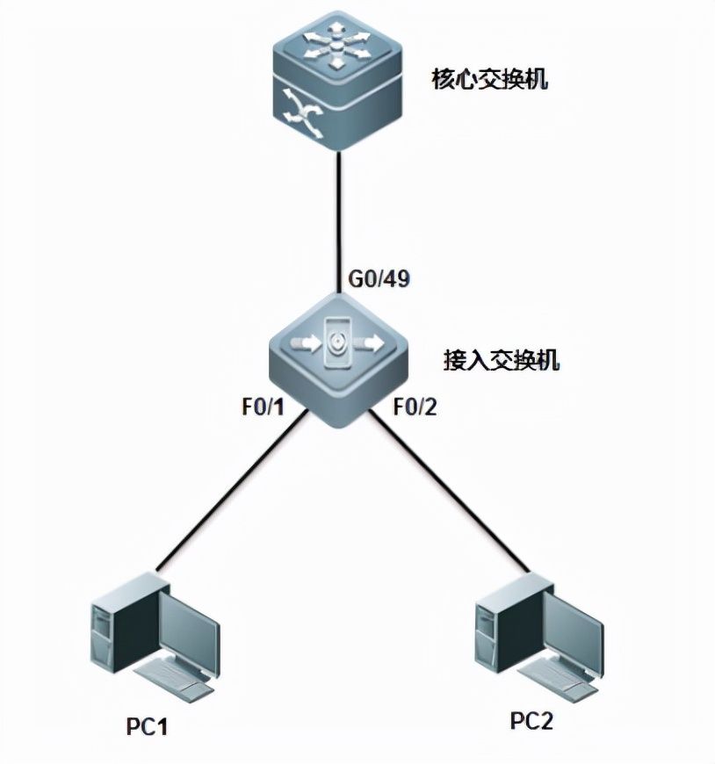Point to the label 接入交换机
click(502, 360)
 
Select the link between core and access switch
click(339, 211)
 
